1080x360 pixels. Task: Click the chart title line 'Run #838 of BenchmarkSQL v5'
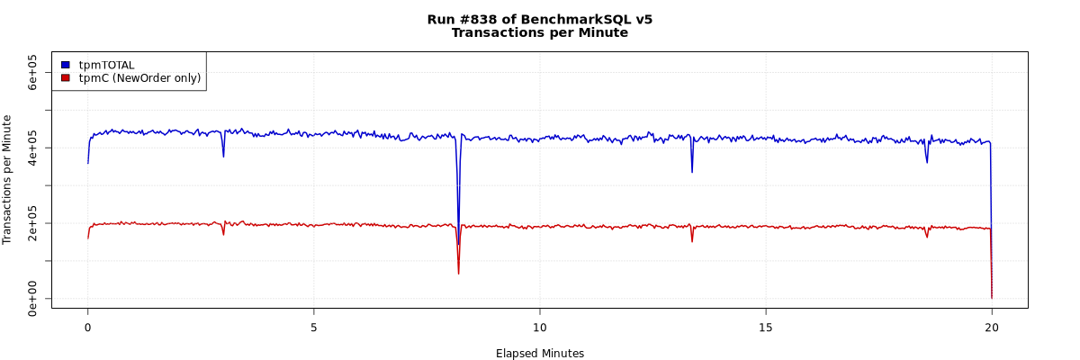(x=539, y=19)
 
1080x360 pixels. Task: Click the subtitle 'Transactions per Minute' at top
(x=539, y=33)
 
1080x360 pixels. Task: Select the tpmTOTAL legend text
(x=106, y=65)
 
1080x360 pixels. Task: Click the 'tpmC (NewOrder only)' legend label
(x=139, y=78)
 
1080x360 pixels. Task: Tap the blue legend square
(x=66, y=65)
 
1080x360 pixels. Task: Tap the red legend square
(x=66, y=78)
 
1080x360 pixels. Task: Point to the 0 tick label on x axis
(x=87, y=327)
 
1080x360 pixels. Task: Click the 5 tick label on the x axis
(x=313, y=327)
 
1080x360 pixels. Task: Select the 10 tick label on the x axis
(x=539, y=327)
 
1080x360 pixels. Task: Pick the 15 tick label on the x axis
(x=765, y=327)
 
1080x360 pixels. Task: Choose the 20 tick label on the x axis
(x=991, y=327)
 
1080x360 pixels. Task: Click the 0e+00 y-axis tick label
(x=32, y=298)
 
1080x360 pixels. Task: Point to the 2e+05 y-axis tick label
(x=32, y=222)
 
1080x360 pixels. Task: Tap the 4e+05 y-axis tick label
(x=32, y=147)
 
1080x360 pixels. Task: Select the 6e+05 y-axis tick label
(x=32, y=72)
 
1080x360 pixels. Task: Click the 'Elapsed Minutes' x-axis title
(x=539, y=354)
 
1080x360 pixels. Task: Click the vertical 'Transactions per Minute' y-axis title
(x=8, y=179)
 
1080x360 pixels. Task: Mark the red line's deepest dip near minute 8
(x=458, y=273)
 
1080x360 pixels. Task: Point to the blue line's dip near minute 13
(x=691, y=171)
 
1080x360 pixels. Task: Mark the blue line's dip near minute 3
(x=223, y=157)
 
